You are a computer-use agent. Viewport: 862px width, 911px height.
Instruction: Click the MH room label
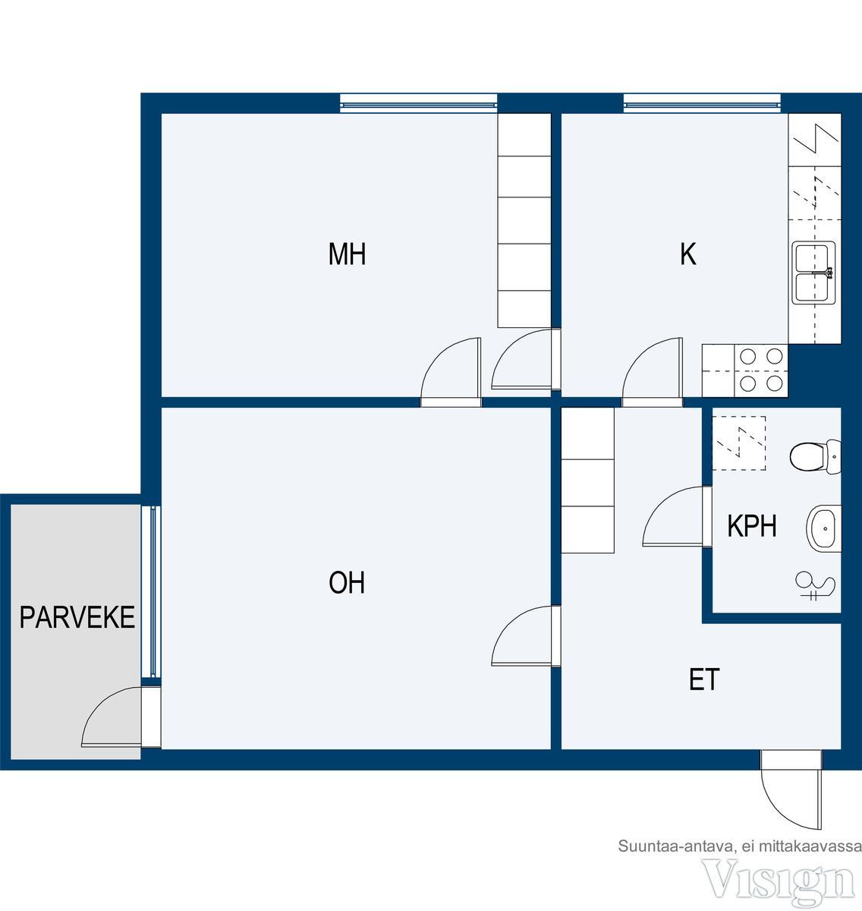(x=347, y=254)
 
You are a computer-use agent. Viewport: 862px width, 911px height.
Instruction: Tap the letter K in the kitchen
(x=687, y=254)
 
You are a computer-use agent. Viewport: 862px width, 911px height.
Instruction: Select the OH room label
(x=347, y=582)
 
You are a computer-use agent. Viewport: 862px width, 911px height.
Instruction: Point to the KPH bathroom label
(x=751, y=526)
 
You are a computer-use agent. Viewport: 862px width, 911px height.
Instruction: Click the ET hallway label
(x=704, y=679)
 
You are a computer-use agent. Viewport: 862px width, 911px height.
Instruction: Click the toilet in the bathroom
(x=815, y=456)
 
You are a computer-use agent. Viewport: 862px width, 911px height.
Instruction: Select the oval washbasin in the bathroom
(x=823, y=528)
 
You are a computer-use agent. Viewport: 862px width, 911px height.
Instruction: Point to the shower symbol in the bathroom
(x=816, y=586)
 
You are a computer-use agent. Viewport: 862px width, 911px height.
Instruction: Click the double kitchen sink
(x=814, y=273)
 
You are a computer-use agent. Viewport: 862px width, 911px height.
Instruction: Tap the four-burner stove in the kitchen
(x=761, y=370)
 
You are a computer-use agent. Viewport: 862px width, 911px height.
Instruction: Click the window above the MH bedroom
(x=419, y=103)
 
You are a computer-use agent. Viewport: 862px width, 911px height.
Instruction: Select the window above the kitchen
(x=702, y=103)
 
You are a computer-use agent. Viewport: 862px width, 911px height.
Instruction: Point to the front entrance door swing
(x=783, y=807)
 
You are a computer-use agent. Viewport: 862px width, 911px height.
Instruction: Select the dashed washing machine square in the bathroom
(x=739, y=443)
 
